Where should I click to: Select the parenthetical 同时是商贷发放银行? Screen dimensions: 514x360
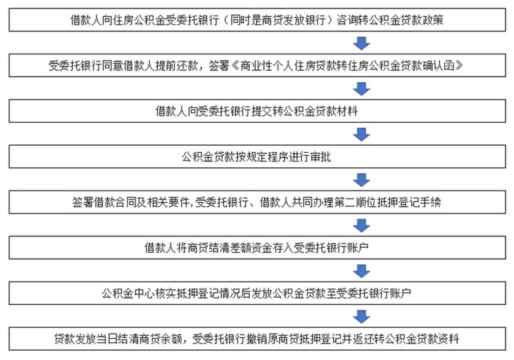click(x=278, y=20)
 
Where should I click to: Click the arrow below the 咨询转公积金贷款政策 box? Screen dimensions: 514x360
click(x=361, y=44)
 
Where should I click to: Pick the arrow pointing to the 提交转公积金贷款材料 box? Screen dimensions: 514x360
click(x=361, y=89)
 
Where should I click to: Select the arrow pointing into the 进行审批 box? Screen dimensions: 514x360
click(x=361, y=134)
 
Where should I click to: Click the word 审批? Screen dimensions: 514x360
click(x=321, y=156)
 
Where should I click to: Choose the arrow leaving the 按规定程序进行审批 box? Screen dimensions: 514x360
click(x=361, y=180)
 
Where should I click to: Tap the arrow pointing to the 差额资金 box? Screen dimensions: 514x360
click(x=361, y=226)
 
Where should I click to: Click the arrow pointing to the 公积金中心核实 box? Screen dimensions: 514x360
click(x=361, y=271)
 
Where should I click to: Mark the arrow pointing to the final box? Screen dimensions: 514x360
click(x=361, y=316)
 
